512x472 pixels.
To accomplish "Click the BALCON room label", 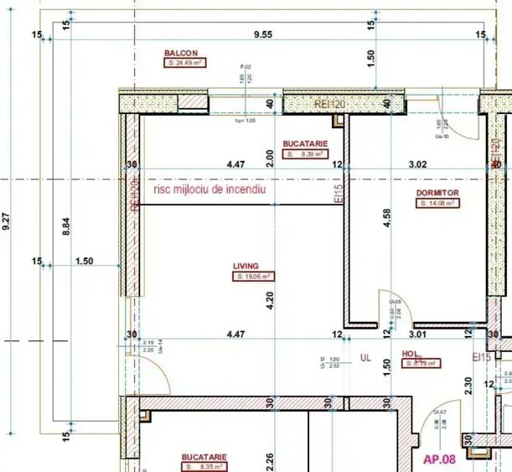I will (x=181, y=53).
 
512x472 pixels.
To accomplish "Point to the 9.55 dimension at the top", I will (x=265, y=34).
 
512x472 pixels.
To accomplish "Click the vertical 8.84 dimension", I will (x=66, y=228).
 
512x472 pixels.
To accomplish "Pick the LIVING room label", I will (x=246, y=266).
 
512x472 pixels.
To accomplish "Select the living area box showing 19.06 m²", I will (x=255, y=276).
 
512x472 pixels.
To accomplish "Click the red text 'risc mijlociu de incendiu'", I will (x=209, y=190).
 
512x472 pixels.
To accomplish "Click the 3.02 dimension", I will (x=416, y=165).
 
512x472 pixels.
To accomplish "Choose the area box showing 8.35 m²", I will (x=204, y=466).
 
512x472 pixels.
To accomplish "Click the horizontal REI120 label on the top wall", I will (x=329, y=104).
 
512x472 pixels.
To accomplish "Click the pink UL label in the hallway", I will (x=365, y=357).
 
